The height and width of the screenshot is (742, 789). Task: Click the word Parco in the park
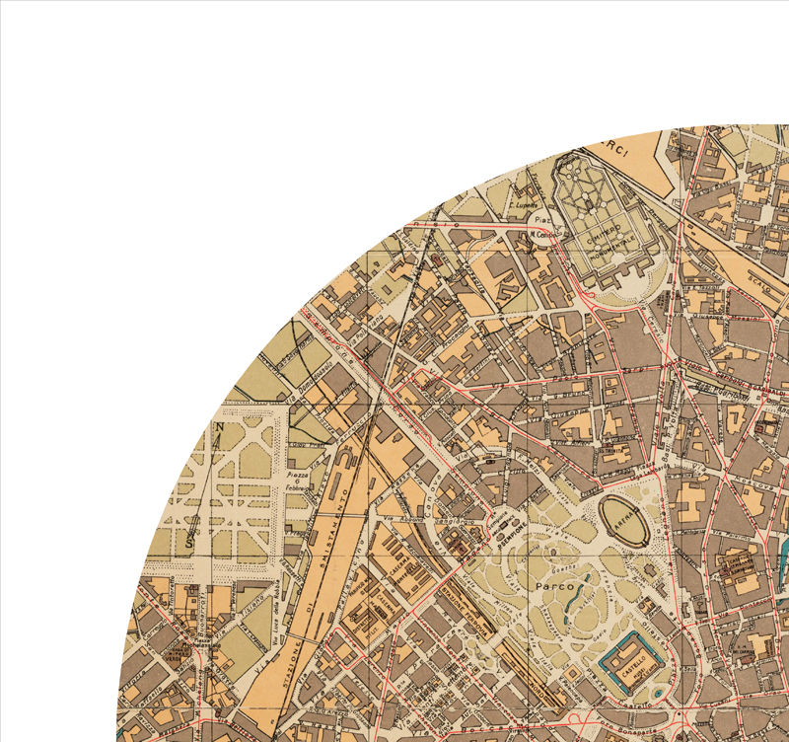pos(554,586)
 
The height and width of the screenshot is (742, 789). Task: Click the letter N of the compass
pos(220,427)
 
